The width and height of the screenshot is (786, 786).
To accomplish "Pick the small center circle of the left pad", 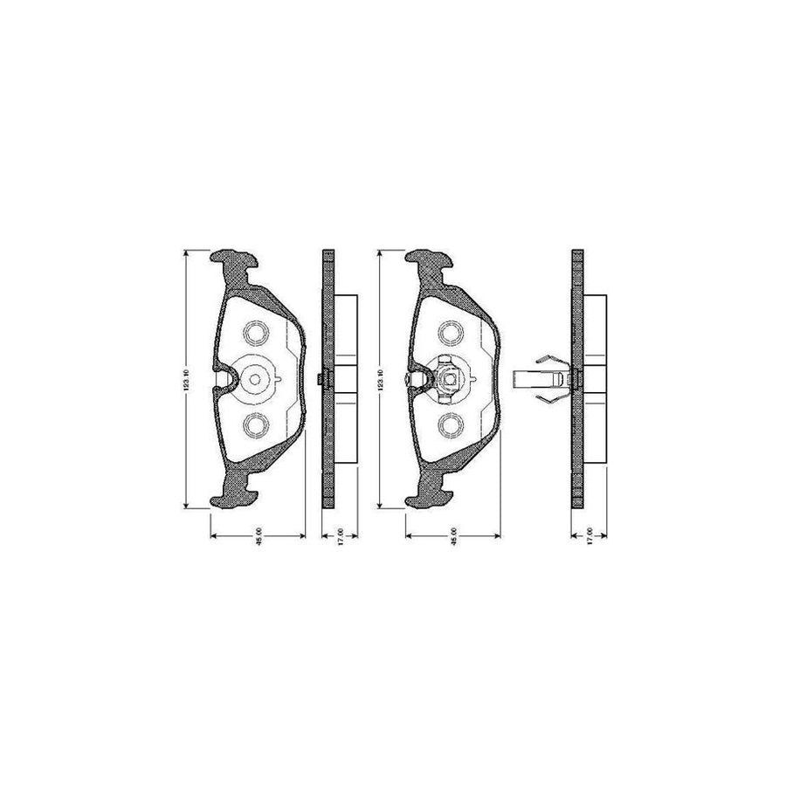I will click(x=256, y=379).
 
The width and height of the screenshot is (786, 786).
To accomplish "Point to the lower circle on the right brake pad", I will click(x=451, y=424).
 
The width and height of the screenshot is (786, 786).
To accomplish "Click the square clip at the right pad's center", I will click(x=449, y=379).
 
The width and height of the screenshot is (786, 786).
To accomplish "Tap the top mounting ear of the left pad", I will click(x=234, y=264).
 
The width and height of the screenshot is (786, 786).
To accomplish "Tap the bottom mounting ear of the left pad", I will click(x=234, y=493).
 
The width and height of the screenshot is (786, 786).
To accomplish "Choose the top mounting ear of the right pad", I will click(x=428, y=264).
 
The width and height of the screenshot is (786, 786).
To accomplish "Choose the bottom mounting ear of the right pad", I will click(x=428, y=493).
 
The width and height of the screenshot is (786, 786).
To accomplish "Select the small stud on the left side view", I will click(x=321, y=378).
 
